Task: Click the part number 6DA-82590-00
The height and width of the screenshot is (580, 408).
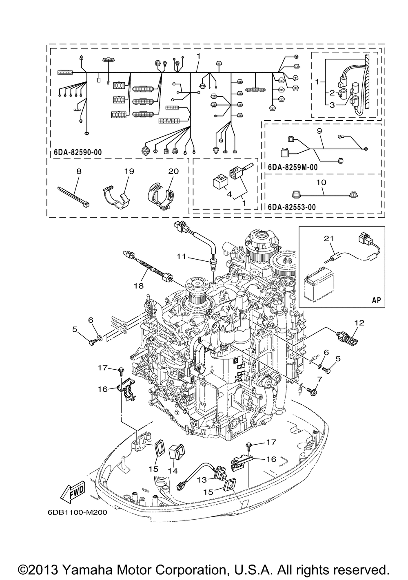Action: tap(78, 152)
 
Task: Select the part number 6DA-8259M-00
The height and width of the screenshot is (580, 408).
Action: tap(293, 167)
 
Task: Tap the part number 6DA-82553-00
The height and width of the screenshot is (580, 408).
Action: tap(292, 207)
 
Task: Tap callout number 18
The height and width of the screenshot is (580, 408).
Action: tap(139, 286)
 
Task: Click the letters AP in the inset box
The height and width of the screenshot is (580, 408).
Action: tap(376, 300)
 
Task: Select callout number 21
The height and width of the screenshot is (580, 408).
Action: tap(328, 238)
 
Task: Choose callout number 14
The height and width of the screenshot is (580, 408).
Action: tap(173, 471)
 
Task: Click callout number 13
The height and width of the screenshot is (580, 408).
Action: tap(202, 480)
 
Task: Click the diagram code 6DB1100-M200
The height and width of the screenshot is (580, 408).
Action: tap(77, 513)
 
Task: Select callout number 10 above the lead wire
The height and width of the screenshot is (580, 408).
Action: tap(321, 182)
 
